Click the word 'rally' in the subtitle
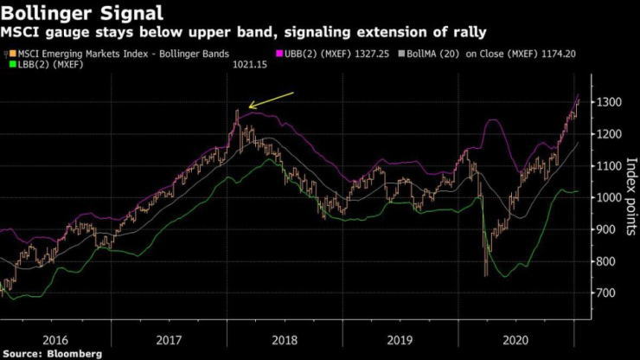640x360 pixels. click(468, 33)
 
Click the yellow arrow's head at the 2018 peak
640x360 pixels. click(250, 109)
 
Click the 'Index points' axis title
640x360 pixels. click(630, 196)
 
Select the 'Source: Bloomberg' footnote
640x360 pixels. click(52, 353)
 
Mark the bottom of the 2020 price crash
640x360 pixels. click(484, 275)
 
